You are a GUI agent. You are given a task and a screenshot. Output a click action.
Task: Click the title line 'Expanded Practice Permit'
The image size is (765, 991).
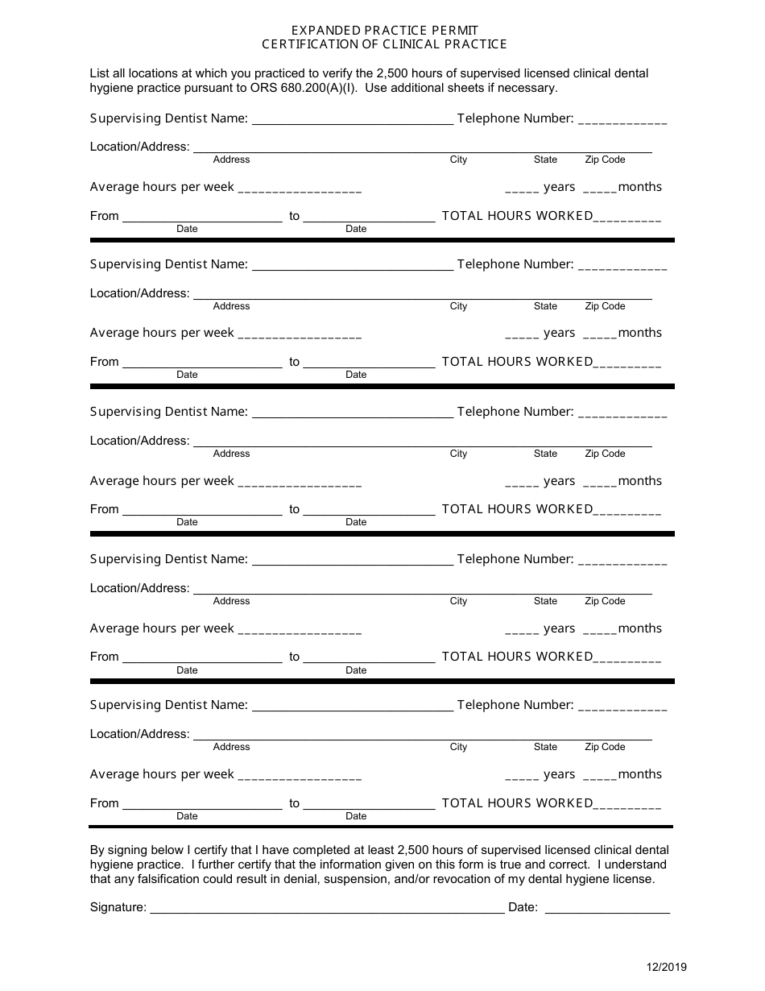[x=384, y=31]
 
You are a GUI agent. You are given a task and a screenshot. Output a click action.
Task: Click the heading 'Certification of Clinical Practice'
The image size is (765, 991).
[x=384, y=44]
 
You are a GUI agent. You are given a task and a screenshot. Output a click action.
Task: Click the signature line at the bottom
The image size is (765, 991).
[x=327, y=907]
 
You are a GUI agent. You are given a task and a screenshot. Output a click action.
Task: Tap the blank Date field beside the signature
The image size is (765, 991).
[x=607, y=907]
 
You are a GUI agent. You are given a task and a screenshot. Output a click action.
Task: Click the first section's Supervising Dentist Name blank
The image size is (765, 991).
[x=353, y=119]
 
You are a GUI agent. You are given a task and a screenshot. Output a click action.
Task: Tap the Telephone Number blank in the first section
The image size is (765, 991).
[x=622, y=119]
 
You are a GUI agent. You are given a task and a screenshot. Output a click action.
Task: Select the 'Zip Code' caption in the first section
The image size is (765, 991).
[x=605, y=160]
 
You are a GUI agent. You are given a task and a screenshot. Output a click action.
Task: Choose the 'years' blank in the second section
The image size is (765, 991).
[x=522, y=334]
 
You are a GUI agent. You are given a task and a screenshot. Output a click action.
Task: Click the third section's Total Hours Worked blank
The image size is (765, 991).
[x=627, y=510]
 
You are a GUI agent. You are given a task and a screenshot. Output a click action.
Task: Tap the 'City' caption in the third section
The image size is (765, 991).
[x=458, y=454]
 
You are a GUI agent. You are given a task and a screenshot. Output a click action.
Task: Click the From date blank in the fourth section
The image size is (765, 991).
[x=201, y=657]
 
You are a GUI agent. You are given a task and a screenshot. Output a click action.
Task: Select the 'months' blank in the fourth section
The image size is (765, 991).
[x=599, y=629]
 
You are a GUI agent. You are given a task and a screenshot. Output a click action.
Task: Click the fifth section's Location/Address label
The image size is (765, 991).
[x=139, y=734]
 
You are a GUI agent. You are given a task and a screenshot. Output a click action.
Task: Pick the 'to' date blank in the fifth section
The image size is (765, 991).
[x=369, y=804]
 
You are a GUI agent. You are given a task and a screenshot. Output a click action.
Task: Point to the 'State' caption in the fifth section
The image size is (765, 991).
[x=545, y=747]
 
